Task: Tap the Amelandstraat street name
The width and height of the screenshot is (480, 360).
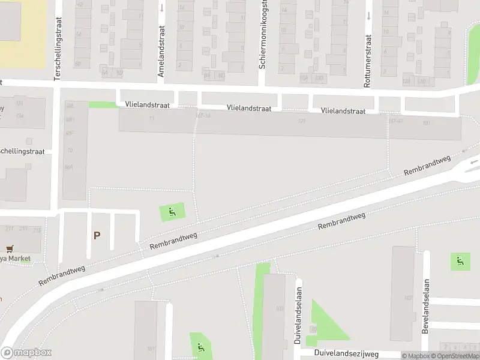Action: point(161,58)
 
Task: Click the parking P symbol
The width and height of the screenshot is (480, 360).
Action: point(97,236)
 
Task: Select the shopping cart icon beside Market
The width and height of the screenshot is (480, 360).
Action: point(9,249)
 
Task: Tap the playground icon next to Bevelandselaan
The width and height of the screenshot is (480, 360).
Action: point(460,260)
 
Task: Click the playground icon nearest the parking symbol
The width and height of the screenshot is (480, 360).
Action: point(172,211)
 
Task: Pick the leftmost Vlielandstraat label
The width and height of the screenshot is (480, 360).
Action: point(147,104)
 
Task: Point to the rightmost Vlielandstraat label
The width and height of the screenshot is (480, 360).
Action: point(343,111)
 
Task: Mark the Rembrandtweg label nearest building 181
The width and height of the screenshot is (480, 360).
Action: point(427,166)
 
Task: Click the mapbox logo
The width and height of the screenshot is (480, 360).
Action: point(26,353)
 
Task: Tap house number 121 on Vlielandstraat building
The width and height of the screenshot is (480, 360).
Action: point(302,121)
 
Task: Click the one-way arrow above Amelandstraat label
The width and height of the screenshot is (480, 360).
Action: point(162,8)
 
